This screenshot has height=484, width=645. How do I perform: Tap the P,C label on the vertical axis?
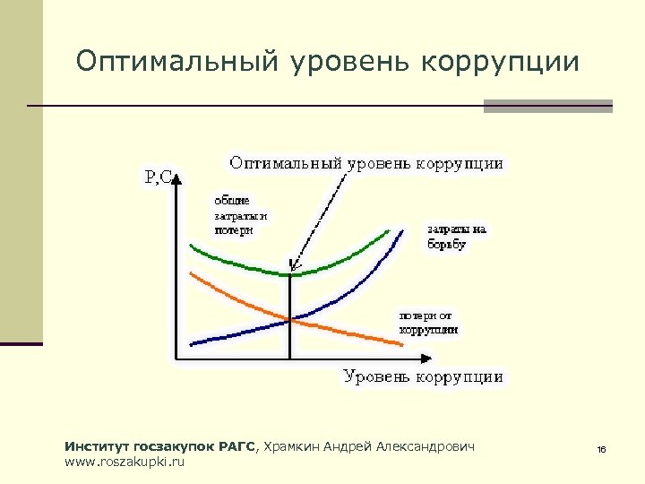pyautogui.click(x=159, y=177)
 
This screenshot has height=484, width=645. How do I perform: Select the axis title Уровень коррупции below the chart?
pyautogui.click(x=423, y=376)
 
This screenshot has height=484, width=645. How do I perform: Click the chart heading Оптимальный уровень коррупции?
pyautogui.click(x=366, y=163)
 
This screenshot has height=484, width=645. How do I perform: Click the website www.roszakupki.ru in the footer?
pyautogui.click(x=125, y=462)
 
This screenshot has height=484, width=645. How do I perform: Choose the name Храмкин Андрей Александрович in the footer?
pyautogui.click(x=368, y=446)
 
